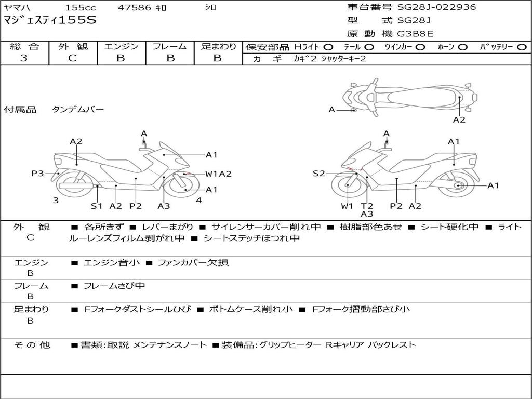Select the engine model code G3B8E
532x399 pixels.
pyautogui.click(x=415, y=34)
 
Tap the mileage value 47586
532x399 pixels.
pyautogui.click(x=135, y=7)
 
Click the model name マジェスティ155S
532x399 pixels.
pyautogui.click(x=50, y=21)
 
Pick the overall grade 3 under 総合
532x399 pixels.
pyautogui.click(x=24, y=58)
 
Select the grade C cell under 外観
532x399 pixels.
pyautogui.click(x=73, y=58)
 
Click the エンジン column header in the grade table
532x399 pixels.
pyautogui.click(x=121, y=46)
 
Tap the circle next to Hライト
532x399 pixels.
pyautogui.click(x=328, y=47)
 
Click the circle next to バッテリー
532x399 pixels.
pyautogui.click(x=522, y=47)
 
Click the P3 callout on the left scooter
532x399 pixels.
pyautogui.click(x=37, y=174)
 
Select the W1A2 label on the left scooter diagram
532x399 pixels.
pyautogui.click(x=218, y=174)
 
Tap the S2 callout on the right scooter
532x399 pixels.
pyautogui.click(x=318, y=174)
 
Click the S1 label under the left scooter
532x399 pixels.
pyautogui.click(x=97, y=206)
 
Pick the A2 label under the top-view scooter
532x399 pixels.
pyautogui.click(x=459, y=119)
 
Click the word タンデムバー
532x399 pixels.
pyautogui.click(x=78, y=110)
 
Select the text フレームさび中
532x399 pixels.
pyautogui.click(x=114, y=286)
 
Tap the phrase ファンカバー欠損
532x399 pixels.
pyautogui.click(x=193, y=262)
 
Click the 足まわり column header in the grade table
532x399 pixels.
pyautogui.click(x=218, y=46)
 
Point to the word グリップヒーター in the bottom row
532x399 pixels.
pyautogui.click(x=290, y=344)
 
